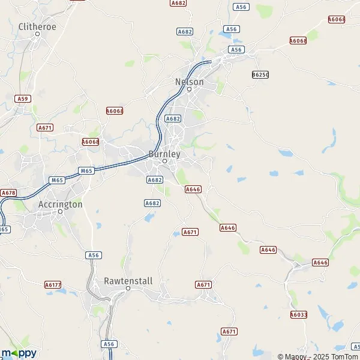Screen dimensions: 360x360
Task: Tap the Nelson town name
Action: [x=189, y=82]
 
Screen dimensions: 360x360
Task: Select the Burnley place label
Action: [x=164, y=153]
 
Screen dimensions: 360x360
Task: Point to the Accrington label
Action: [x=60, y=204]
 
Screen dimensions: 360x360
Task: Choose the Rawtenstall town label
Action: [x=128, y=281]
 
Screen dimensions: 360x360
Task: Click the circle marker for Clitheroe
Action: [x=37, y=34]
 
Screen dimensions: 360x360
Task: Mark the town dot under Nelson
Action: [x=189, y=89]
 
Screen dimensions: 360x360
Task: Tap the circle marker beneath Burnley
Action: [x=164, y=161]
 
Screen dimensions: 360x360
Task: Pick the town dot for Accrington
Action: [x=60, y=212]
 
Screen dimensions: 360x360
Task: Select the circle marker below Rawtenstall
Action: [x=128, y=289]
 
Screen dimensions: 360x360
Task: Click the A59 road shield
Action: [x=23, y=98]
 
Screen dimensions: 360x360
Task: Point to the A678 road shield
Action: [x=8, y=193]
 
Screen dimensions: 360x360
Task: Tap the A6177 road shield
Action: [x=53, y=284]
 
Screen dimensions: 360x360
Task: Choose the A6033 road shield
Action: [x=298, y=314]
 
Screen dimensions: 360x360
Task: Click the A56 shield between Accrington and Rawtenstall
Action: [x=93, y=255]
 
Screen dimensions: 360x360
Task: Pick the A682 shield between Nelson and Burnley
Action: [x=173, y=119]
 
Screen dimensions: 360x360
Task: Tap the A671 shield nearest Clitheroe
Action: [x=44, y=128]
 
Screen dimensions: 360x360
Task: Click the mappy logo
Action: [x=19, y=353]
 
